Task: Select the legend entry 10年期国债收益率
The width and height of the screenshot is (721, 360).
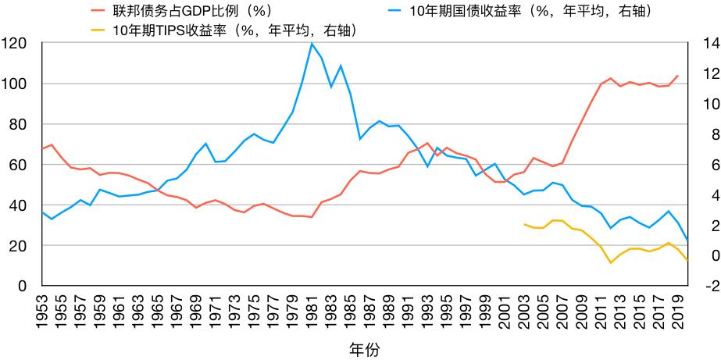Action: (530, 11)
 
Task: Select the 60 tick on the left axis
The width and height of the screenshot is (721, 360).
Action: (17, 165)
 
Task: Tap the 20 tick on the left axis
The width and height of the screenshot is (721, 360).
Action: (17, 246)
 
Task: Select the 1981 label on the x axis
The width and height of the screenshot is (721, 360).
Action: (312, 308)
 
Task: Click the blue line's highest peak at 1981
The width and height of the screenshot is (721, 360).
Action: (312, 44)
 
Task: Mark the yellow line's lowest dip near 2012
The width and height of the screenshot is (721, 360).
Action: (611, 263)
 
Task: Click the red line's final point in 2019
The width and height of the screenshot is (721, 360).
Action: (678, 76)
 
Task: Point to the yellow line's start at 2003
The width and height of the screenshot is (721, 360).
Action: (524, 224)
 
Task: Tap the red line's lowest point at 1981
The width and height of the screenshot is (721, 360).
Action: (312, 217)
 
